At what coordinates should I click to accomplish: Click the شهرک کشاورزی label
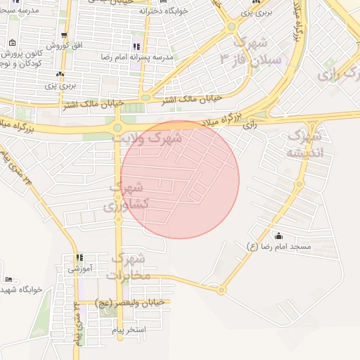[127, 197]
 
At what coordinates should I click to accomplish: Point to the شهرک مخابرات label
[129, 266]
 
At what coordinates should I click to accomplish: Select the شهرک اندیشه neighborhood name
[305, 143]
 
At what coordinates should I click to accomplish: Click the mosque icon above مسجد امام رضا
[279, 236]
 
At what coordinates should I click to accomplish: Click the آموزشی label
[79, 269]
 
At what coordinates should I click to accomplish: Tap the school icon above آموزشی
[79, 258]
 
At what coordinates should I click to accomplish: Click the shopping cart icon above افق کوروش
[65, 35]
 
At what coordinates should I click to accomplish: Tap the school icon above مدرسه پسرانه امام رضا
[136, 46]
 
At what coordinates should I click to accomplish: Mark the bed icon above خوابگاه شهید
[8, 279]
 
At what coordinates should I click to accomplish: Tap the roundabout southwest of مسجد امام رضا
[221, 289]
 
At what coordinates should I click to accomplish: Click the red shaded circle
[180, 180]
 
